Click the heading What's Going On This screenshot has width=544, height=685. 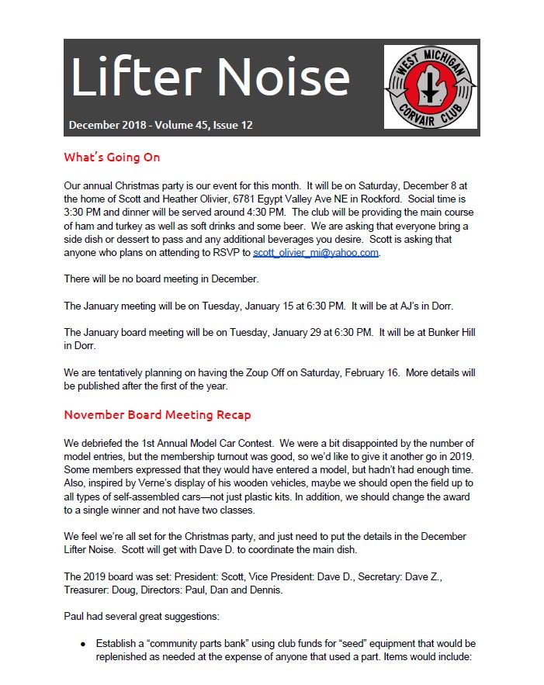pos(112,157)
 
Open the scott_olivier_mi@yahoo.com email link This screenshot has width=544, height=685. pos(316,253)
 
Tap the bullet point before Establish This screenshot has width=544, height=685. pos(83,644)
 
